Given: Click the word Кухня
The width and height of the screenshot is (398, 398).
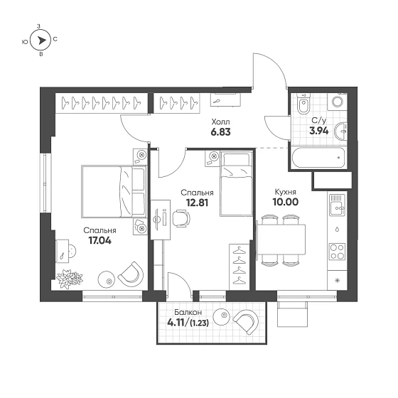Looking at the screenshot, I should [x=286, y=191].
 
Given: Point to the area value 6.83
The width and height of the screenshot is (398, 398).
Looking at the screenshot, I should [x=220, y=131].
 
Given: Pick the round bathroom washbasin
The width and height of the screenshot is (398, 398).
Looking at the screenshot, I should [x=343, y=130].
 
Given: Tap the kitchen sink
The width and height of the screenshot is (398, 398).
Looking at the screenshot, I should [x=335, y=209].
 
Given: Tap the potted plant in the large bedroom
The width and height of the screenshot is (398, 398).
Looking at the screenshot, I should [x=69, y=279].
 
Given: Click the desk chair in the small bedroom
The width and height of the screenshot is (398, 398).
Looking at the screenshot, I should [x=181, y=220].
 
